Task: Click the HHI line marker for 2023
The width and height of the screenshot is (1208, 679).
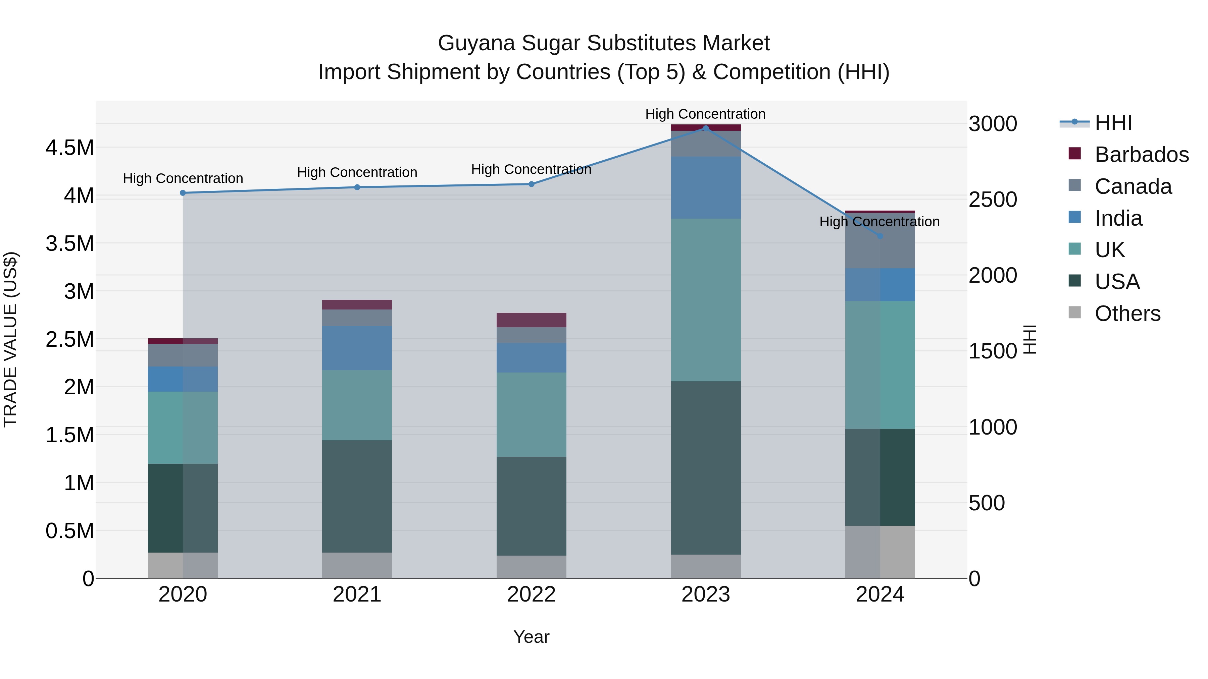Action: coord(706,128)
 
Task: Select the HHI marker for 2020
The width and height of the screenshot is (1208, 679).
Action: coord(183,192)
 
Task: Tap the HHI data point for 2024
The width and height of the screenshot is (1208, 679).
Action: coord(880,236)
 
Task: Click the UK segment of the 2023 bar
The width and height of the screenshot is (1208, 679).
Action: coord(706,300)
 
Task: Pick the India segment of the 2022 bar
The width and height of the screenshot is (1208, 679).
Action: coord(531,357)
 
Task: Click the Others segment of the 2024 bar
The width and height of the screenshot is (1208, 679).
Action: coord(880,552)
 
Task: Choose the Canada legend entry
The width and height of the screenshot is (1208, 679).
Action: coord(1132,186)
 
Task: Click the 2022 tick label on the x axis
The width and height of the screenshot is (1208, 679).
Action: coord(531,595)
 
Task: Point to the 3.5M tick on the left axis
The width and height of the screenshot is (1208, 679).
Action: coord(70,244)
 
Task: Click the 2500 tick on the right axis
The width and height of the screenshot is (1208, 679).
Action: coord(993,200)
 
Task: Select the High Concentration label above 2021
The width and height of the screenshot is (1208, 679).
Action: coord(357,172)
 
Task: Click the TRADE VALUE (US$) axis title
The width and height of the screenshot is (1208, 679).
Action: coord(10,339)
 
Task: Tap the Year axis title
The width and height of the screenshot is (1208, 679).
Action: coord(531,637)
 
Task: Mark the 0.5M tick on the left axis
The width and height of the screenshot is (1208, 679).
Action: coord(70,531)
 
